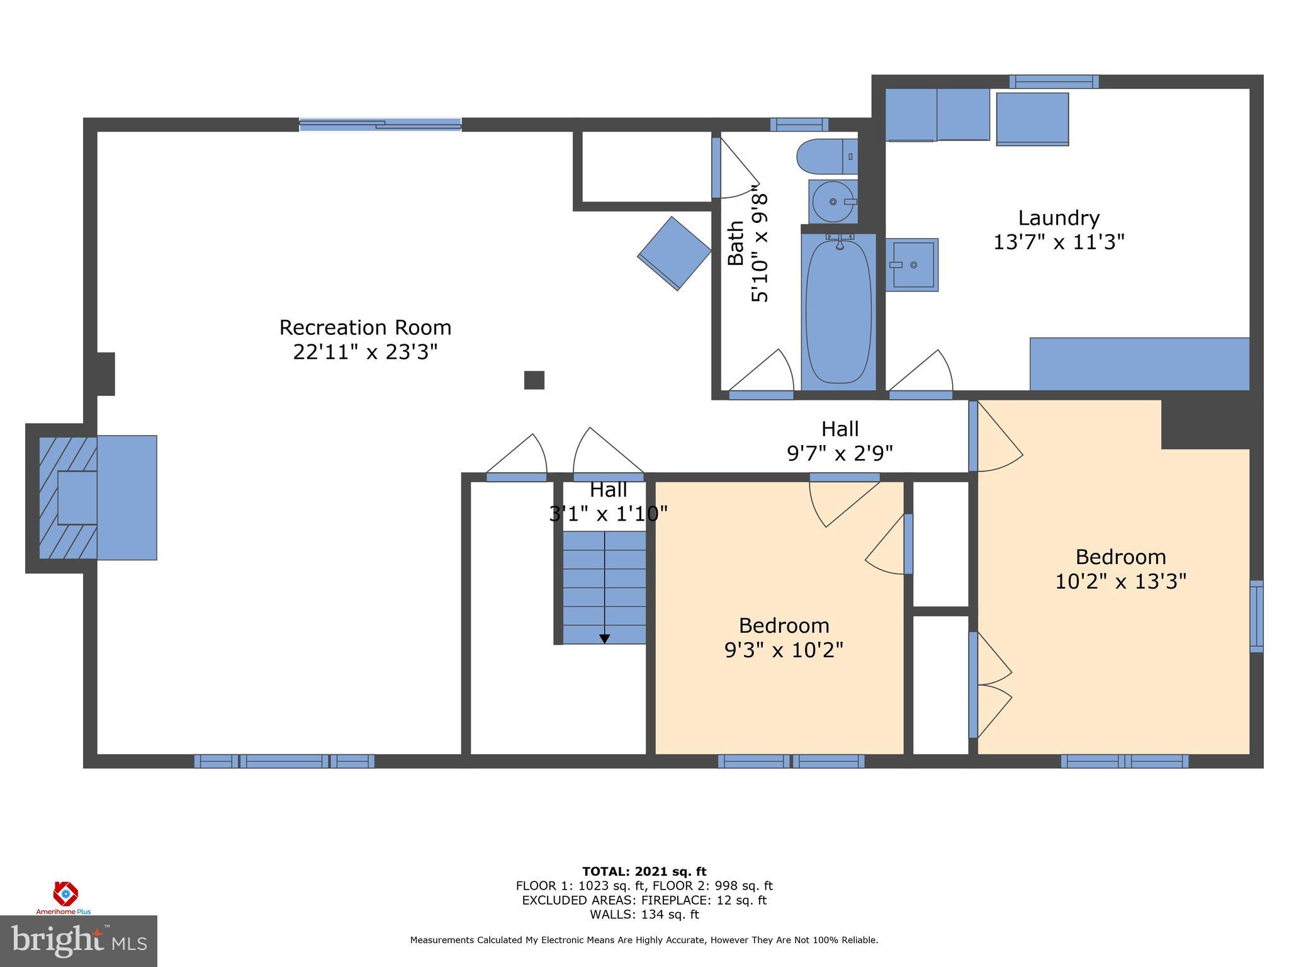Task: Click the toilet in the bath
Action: (x=826, y=156)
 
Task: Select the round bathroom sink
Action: (x=833, y=201)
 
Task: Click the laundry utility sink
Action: (x=912, y=265)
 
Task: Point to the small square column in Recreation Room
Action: (x=534, y=380)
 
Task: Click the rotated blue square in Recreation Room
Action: (x=674, y=254)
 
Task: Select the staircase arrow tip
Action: (x=604, y=639)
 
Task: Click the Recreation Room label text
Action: (x=365, y=327)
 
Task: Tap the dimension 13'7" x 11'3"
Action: (x=1059, y=242)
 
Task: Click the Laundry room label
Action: (x=1059, y=218)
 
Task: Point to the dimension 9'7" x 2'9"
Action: (x=840, y=453)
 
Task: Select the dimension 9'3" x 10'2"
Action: (x=784, y=650)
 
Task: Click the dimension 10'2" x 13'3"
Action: (x=1120, y=581)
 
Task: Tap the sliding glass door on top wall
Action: (x=380, y=124)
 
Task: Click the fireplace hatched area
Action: (x=63, y=497)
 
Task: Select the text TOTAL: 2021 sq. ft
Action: (x=644, y=871)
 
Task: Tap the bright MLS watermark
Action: (x=79, y=941)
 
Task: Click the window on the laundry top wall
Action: (x=1054, y=81)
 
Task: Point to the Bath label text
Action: (x=736, y=243)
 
